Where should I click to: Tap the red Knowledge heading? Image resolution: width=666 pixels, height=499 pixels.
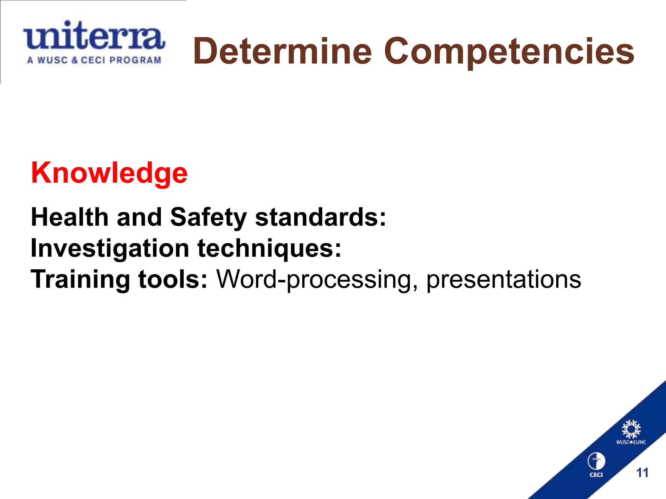[x=109, y=173]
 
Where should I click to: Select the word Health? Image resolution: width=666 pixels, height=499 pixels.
[x=69, y=217]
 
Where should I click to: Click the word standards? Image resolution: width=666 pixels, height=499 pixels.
[x=320, y=217]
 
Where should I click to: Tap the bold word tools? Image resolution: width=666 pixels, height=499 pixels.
[x=173, y=279]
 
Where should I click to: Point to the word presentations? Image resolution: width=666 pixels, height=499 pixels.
[x=503, y=280]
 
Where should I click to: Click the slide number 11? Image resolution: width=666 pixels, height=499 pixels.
[x=642, y=473]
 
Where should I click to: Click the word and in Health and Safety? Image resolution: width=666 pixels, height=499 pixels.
[x=139, y=217]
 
